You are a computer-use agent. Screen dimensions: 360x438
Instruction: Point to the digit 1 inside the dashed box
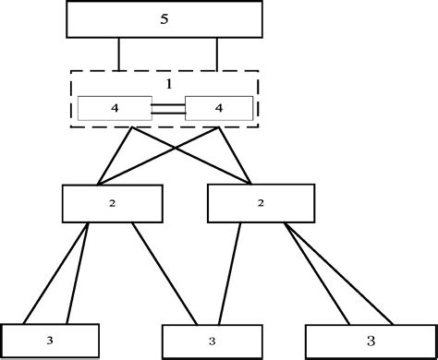(x=168, y=82)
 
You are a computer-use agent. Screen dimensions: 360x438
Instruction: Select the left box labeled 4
(x=114, y=109)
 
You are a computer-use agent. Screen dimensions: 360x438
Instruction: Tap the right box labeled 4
(x=219, y=109)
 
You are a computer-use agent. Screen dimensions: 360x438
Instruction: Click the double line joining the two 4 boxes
(x=167, y=109)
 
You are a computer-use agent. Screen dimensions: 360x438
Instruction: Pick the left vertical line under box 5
(x=118, y=54)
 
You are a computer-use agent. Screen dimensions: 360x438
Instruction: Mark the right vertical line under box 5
(x=217, y=54)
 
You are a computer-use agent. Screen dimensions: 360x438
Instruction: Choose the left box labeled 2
(x=112, y=203)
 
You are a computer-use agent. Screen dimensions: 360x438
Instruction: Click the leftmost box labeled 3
(x=49, y=341)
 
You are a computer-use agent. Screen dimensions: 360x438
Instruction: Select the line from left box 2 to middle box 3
(x=164, y=273)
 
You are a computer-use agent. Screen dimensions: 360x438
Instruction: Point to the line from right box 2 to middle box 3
(x=230, y=273)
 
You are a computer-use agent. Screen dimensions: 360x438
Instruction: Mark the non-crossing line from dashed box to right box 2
(x=237, y=155)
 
